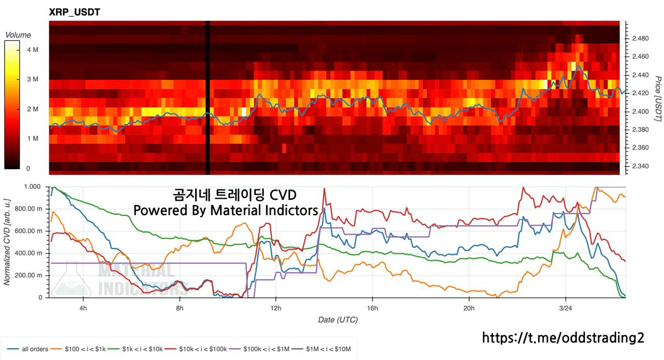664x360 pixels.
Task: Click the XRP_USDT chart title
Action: pos(74,12)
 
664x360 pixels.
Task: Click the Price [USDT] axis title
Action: pos(657,99)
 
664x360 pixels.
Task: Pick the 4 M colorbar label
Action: pos(32,49)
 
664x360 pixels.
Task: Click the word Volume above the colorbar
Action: pos(18,35)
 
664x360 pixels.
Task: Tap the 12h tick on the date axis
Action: pos(275,308)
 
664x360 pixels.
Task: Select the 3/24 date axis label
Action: pos(565,308)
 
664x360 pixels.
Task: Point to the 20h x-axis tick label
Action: pos(469,308)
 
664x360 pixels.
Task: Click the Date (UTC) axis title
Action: pos(338,320)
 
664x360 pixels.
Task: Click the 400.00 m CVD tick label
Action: pos(30,253)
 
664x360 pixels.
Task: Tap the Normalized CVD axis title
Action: pos(7,241)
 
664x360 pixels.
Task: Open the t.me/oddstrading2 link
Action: pos(563,338)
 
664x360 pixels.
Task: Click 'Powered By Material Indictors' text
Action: pos(226,210)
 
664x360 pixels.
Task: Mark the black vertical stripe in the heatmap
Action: pos(208,99)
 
